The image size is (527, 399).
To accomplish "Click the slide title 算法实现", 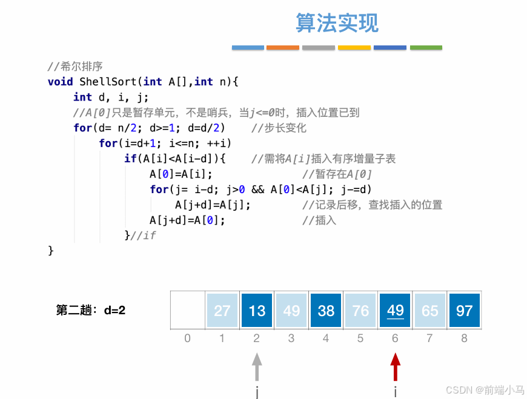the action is [337, 23].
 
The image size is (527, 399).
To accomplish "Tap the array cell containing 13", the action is [257, 311].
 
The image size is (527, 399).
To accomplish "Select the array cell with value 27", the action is [222, 311].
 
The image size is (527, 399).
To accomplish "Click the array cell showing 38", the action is [326, 311].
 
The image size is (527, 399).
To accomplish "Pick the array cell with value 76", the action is [360, 311].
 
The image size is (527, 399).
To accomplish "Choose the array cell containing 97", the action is [464, 311].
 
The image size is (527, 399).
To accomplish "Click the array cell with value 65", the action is [429, 311].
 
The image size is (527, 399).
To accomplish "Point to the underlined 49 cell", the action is [395, 311].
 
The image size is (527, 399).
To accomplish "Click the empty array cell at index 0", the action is [188, 311].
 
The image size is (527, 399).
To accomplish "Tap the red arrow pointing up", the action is [395, 367].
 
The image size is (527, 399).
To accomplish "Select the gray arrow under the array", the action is [257, 367].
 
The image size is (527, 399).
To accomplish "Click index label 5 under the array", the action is [360, 338].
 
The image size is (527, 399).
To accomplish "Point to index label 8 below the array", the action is [464, 338].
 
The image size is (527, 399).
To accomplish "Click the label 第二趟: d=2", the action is [91, 311].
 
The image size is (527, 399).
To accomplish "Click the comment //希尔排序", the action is [75, 66].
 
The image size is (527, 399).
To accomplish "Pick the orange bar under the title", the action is [283, 47].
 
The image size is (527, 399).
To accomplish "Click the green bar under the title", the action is [426, 47].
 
